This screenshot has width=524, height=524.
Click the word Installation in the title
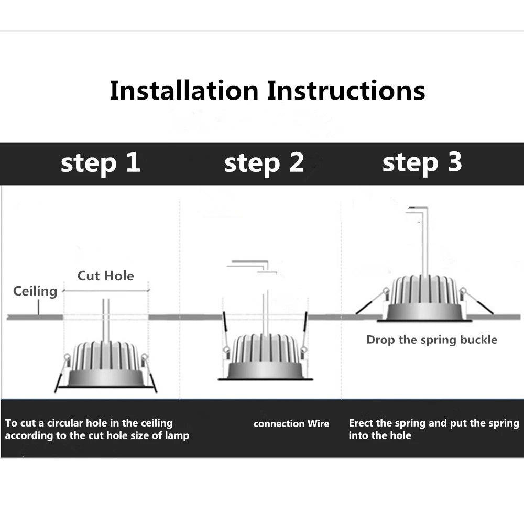[184, 90]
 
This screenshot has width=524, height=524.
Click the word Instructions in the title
[346, 90]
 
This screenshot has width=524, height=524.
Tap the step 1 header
[100, 163]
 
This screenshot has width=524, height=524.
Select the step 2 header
[264, 163]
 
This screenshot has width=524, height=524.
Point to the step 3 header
[422, 163]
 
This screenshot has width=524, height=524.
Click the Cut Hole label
[106, 276]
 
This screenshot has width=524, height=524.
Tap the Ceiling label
[35, 291]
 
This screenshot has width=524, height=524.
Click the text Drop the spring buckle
[432, 340]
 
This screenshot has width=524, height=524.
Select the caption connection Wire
[291, 423]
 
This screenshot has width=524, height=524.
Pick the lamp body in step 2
[265, 356]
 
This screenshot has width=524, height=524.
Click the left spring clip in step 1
[63, 373]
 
